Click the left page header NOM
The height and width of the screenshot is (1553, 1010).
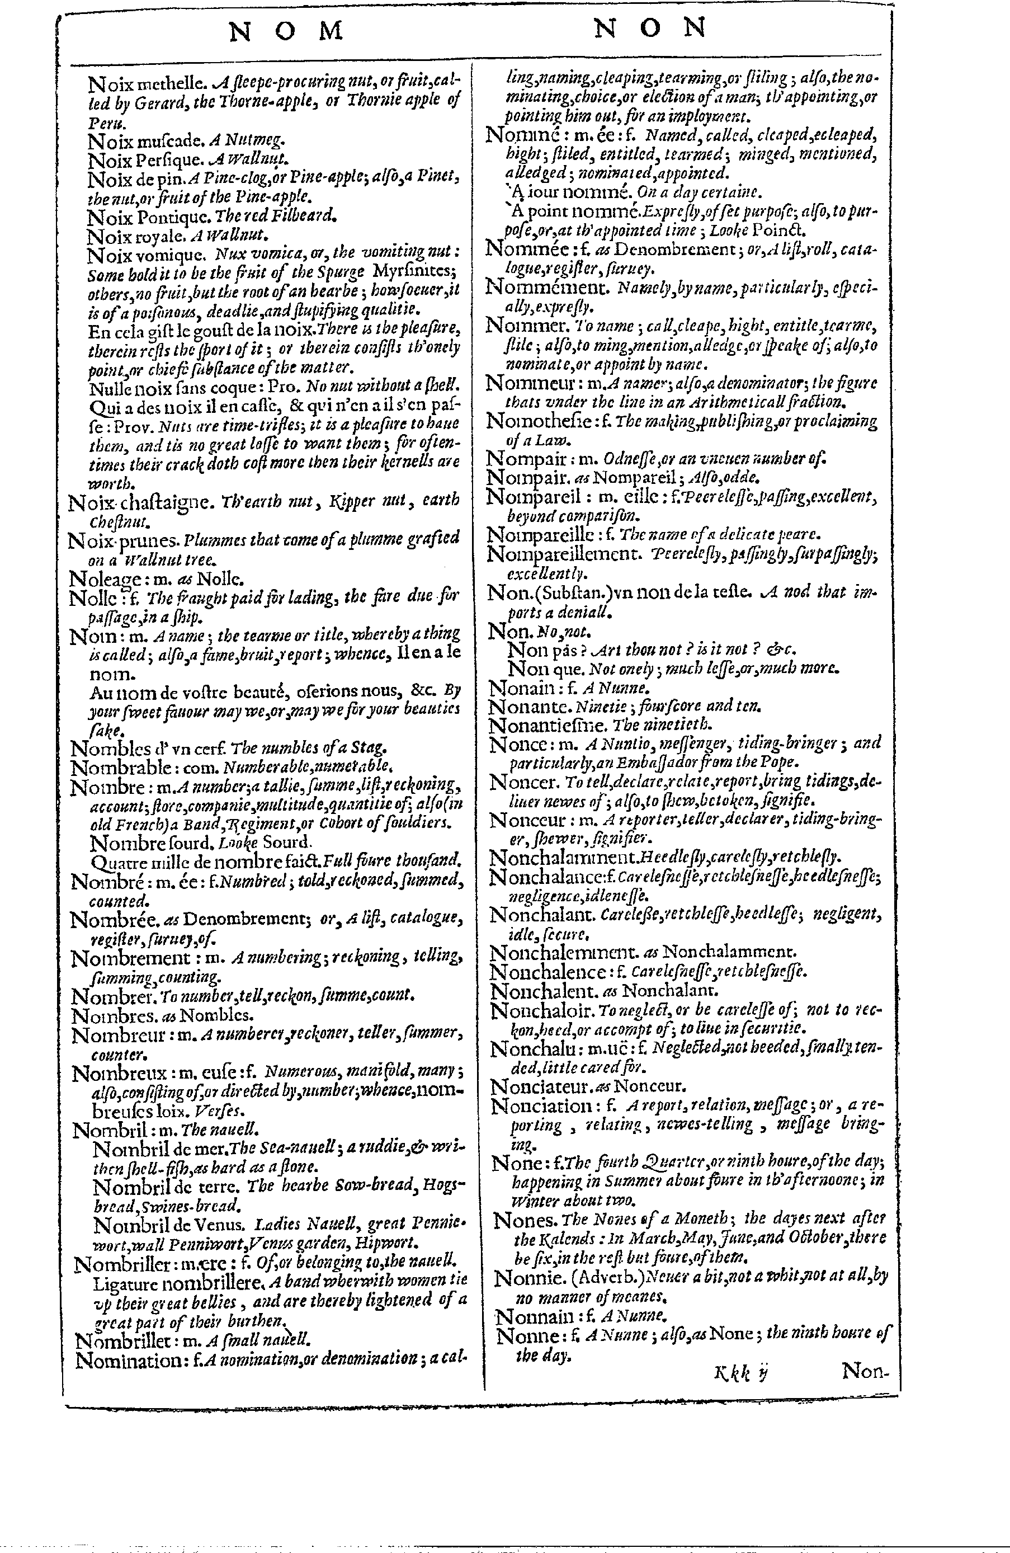[x=286, y=31]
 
